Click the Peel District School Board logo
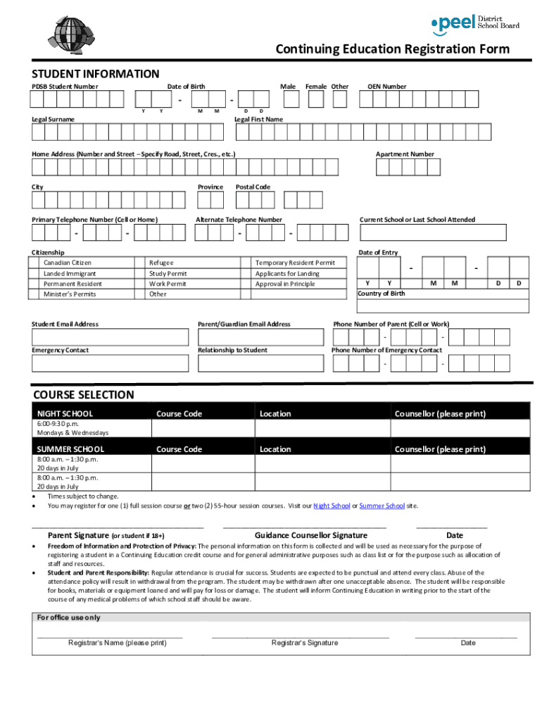[475, 23]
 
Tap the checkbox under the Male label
[288, 99]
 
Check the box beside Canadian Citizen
[35, 263]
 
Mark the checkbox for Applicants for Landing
[247, 273]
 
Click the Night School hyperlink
[332, 506]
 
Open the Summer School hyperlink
[382, 506]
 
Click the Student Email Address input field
[110, 337]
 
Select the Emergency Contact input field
[110, 363]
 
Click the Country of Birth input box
[443, 306]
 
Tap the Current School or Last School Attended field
[432, 232]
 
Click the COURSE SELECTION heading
[83, 395]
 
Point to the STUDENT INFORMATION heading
[96, 74]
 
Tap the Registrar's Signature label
[304, 643]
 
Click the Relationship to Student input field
[261, 363]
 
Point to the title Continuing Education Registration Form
[392, 49]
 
